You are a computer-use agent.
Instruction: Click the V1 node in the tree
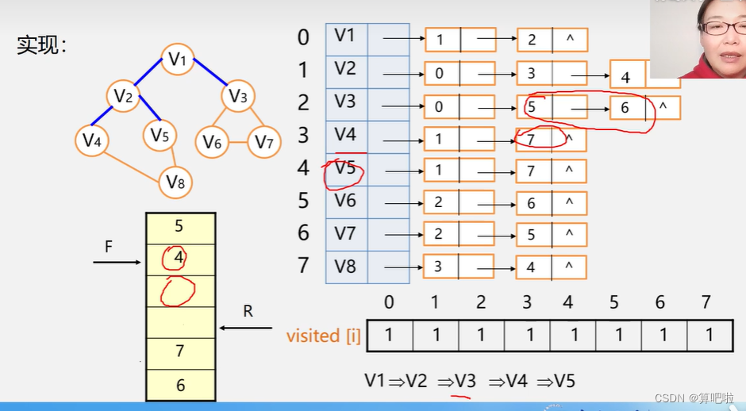[178, 59]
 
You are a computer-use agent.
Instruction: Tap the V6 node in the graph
[211, 142]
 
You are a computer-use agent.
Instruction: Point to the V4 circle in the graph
[92, 140]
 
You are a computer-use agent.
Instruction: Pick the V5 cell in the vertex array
[346, 169]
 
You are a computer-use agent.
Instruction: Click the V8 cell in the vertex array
[346, 267]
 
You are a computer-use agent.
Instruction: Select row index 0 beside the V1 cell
[303, 37]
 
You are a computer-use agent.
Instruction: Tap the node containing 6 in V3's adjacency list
[625, 107]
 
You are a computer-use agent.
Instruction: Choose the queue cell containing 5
[179, 227]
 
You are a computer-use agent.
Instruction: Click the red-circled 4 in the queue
[179, 259]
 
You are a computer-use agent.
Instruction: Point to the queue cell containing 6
[180, 386]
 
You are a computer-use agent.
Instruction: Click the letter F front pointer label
[108, 247]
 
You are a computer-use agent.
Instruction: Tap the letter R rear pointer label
[248, 312]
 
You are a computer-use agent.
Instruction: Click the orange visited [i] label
[324, 336]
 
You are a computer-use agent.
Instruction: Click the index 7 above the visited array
[706, 302]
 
